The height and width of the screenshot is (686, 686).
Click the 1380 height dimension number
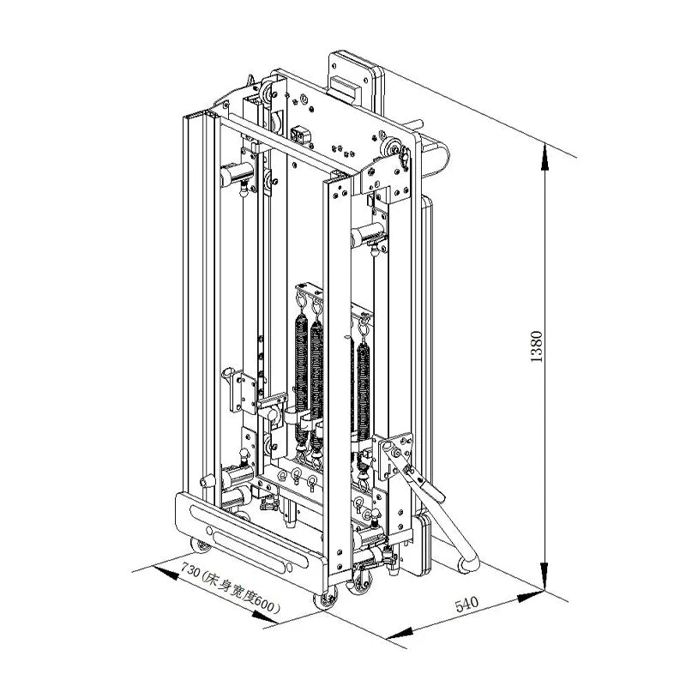point(537,346)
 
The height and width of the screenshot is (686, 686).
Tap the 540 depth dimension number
point(466,605)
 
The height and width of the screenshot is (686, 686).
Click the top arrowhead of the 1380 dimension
point(545,157)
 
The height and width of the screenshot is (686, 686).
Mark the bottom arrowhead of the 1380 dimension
point(545,576)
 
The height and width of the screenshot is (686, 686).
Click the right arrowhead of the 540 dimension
point(531,596)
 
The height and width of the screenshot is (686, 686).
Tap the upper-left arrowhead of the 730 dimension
point(165,572)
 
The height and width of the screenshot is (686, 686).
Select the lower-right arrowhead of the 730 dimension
point(265,617)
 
